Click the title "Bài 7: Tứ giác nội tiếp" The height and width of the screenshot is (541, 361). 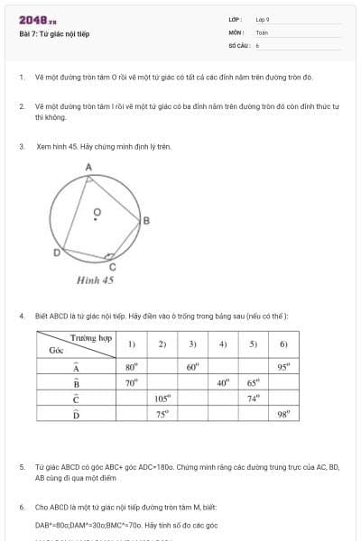tap(54, 34)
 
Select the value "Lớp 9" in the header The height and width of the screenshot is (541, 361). tap(263, 19)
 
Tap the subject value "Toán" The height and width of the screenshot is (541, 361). tap(261, 32)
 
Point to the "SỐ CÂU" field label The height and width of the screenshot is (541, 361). tap(238, 44)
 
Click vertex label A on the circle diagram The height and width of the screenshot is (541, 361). tap(88, 168)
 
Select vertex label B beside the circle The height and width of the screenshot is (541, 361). tap(146, 221)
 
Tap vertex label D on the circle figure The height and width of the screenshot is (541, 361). tap(55, 253)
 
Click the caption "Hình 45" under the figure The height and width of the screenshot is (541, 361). tap(95, 280)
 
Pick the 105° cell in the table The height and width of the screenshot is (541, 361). tap(162, 398)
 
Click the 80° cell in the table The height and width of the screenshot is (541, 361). tap(132, 367)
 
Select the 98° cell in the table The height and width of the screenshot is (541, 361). tap(283, 414)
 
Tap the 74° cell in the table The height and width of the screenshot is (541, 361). tap(254, 398)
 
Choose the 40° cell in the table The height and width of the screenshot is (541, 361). tap(223, 382)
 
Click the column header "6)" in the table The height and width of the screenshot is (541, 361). tap(283, 344)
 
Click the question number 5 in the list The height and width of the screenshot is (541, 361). tap(21, 468)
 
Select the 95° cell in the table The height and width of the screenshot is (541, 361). tap(283, 367)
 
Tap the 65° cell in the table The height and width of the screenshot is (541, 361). tap(254, 382)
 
